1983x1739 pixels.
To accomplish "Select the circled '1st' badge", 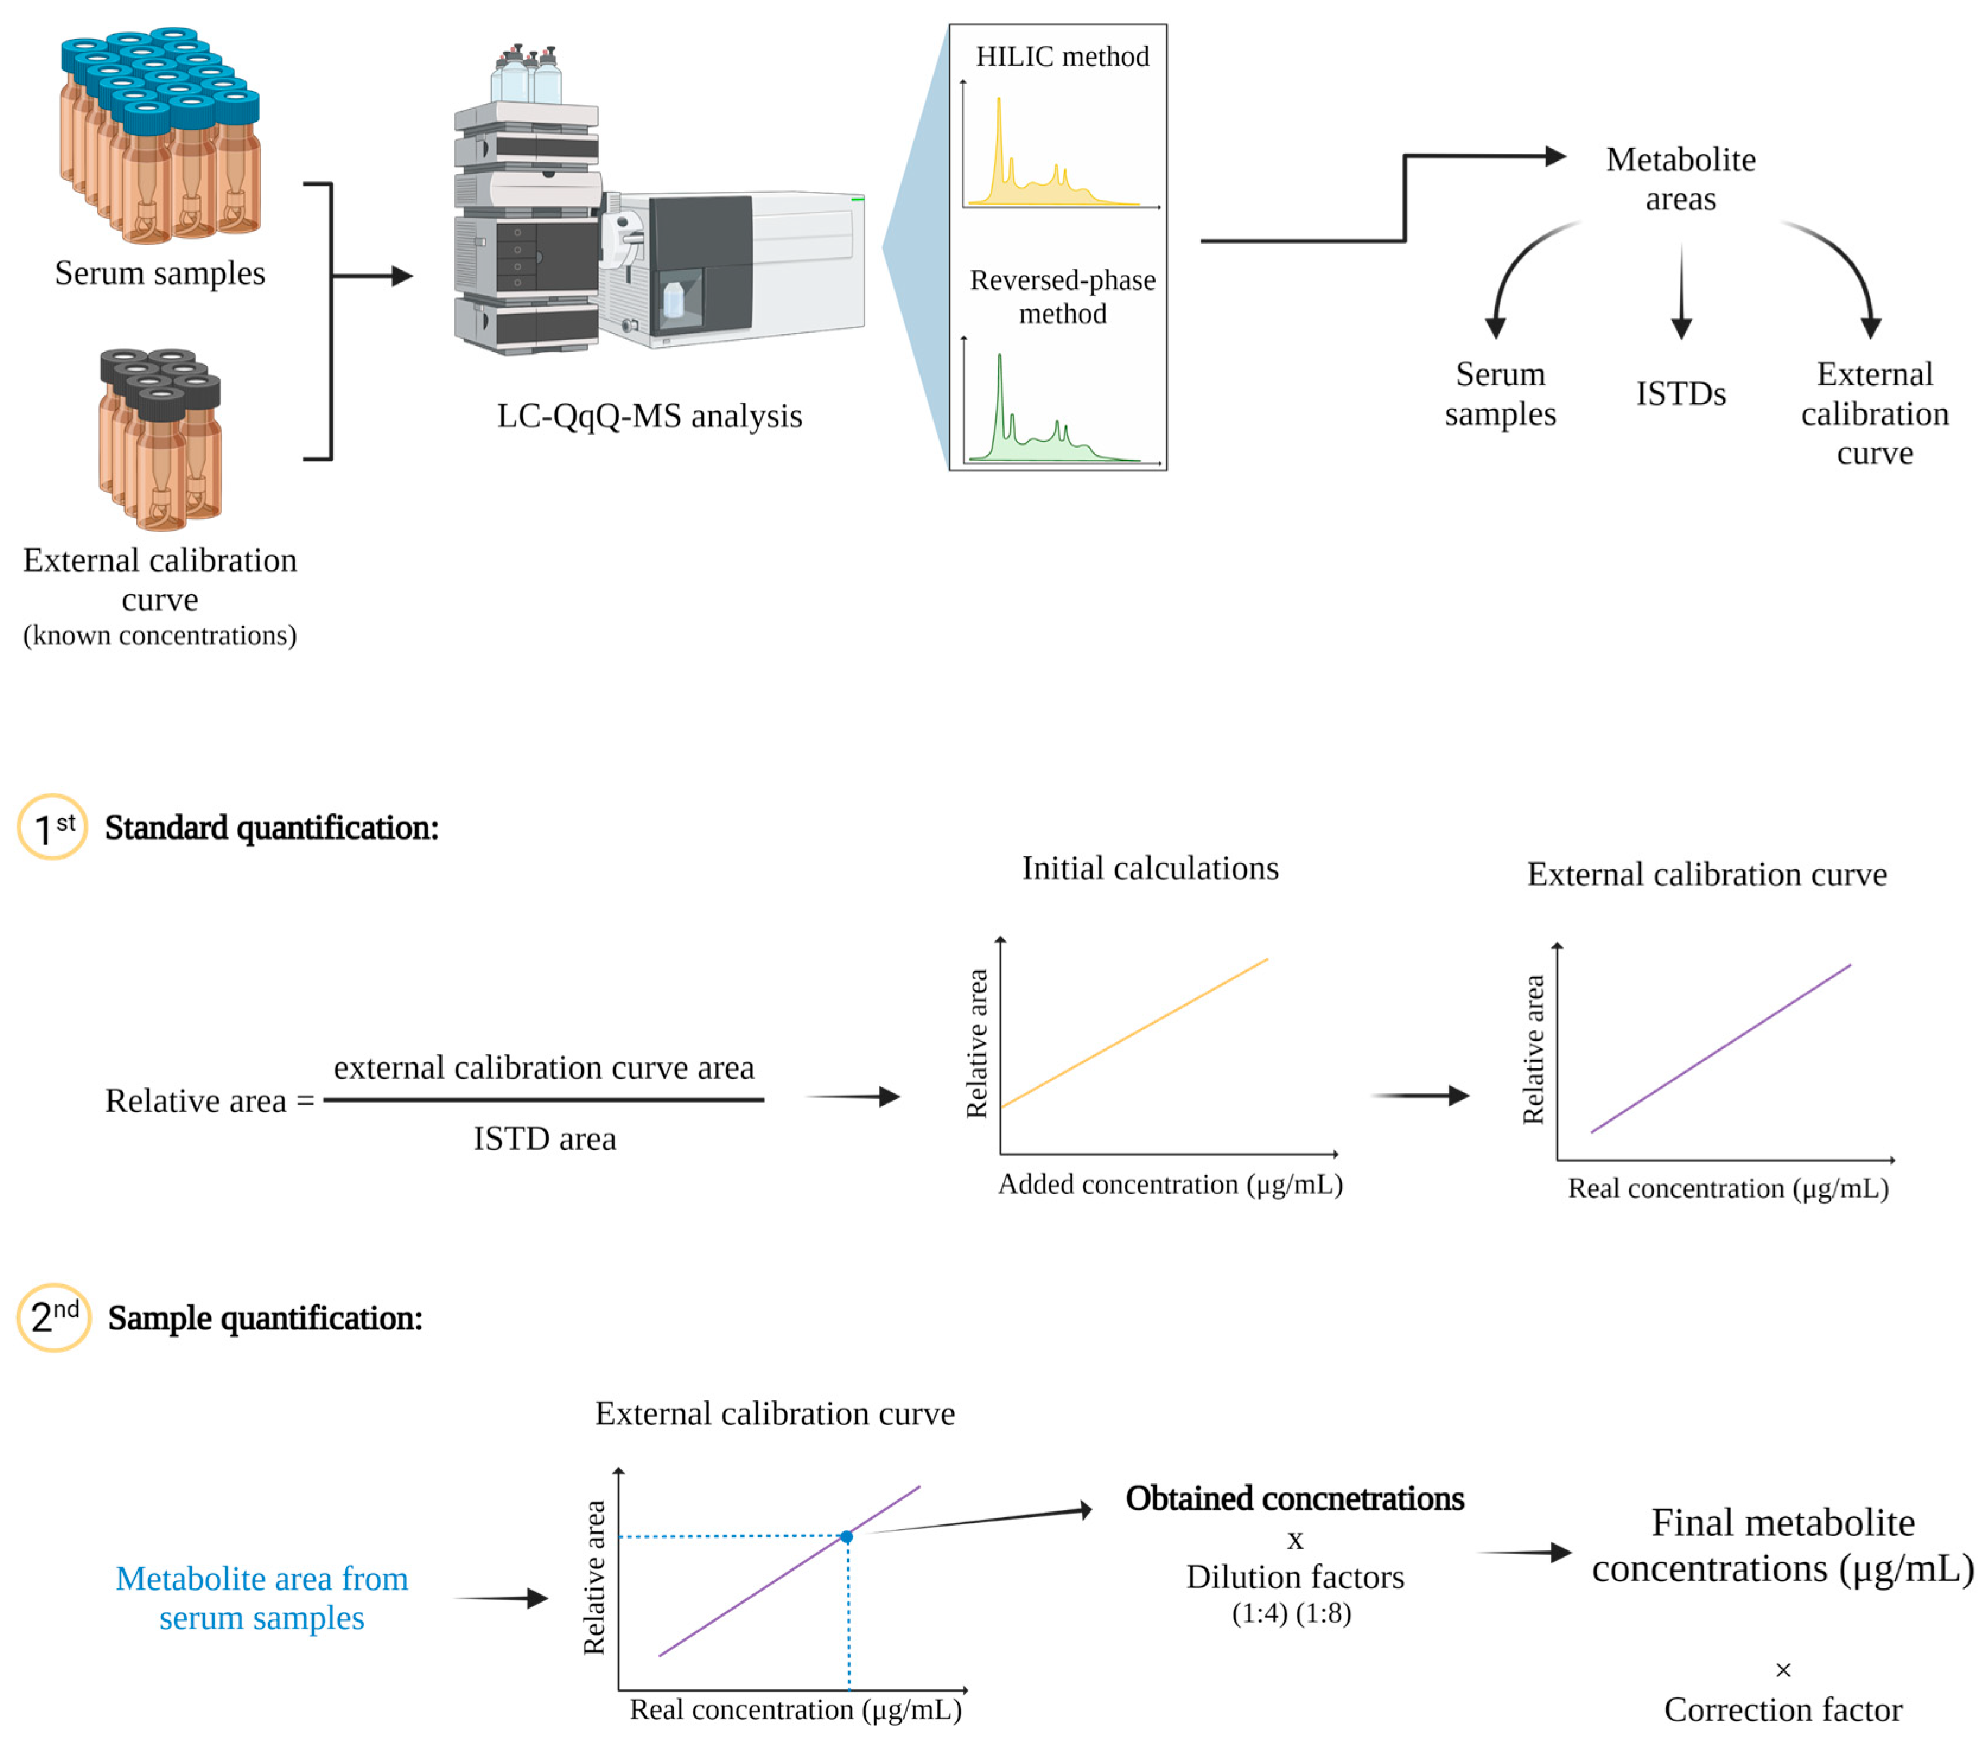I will tap(52, 827).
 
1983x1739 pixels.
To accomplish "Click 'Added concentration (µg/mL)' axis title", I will tap(1170, 1184).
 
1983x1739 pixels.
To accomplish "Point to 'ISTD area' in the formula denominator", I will tap(545, 1138).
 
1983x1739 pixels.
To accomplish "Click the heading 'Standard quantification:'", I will tap(272, 827).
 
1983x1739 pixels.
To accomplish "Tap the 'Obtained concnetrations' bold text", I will tap(1294, 1498).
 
